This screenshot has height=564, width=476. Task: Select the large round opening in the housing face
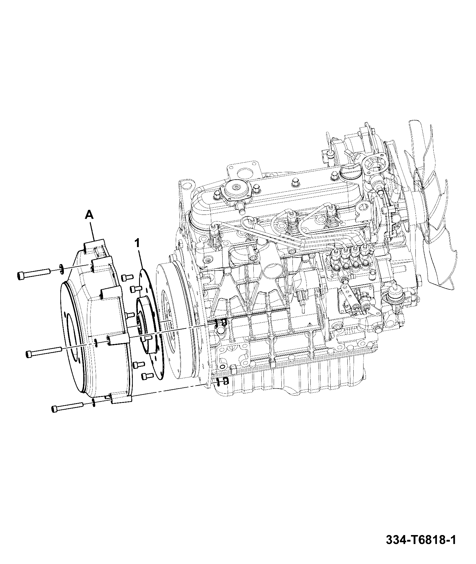pyautogui.click(x=72, y=338)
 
